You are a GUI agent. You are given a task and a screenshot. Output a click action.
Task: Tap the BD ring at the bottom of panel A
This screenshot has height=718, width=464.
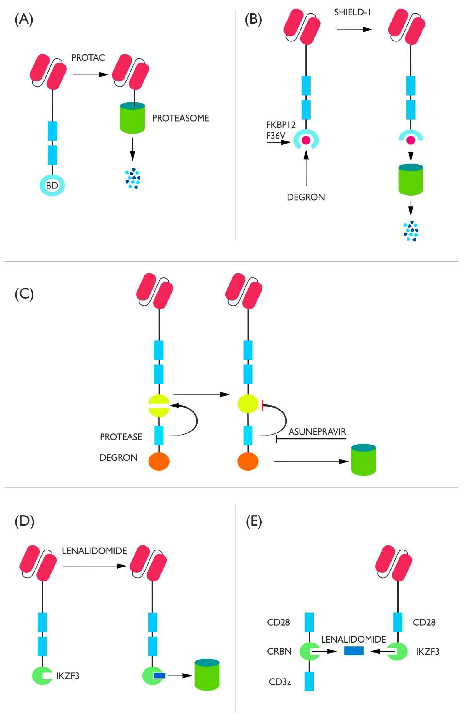(x=52, y=186)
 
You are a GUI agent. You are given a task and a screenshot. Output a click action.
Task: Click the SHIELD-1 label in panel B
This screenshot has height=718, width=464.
(x=352, y=12)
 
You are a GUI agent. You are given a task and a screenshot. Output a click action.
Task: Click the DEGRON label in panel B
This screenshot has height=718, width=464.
(x=306, y=197)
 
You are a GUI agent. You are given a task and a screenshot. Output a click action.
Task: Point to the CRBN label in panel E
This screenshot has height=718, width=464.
(x=279, y=651)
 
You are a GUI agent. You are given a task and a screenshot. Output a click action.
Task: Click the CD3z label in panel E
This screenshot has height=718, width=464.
(x=280, y=682)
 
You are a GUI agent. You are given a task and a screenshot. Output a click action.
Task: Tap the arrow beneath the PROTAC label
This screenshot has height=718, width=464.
(x=90, y=75)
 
